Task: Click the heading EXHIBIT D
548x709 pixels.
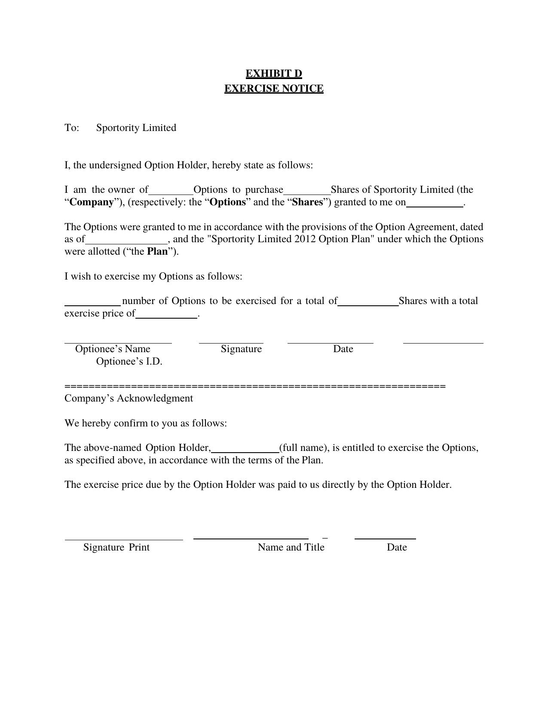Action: [x=274, y=74]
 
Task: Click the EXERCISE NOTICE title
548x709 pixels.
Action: [x=274, y=89]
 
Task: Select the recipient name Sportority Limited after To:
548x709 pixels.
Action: [x=136, y=128]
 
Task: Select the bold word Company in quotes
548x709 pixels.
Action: [x=92, y=202]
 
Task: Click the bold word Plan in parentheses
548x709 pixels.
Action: [x=157, y=252]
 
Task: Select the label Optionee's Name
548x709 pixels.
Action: [x=113, y=349]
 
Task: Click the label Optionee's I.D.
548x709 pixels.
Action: [x=129, y=362]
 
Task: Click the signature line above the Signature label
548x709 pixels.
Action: [x=231, y=343]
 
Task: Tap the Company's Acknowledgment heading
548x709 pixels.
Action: [x=129, y=399]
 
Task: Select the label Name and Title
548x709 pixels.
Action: [x=291, y=548]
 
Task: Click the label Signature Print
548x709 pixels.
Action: [x=116, y=548]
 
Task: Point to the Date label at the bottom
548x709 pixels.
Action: [x=397, y=548]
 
